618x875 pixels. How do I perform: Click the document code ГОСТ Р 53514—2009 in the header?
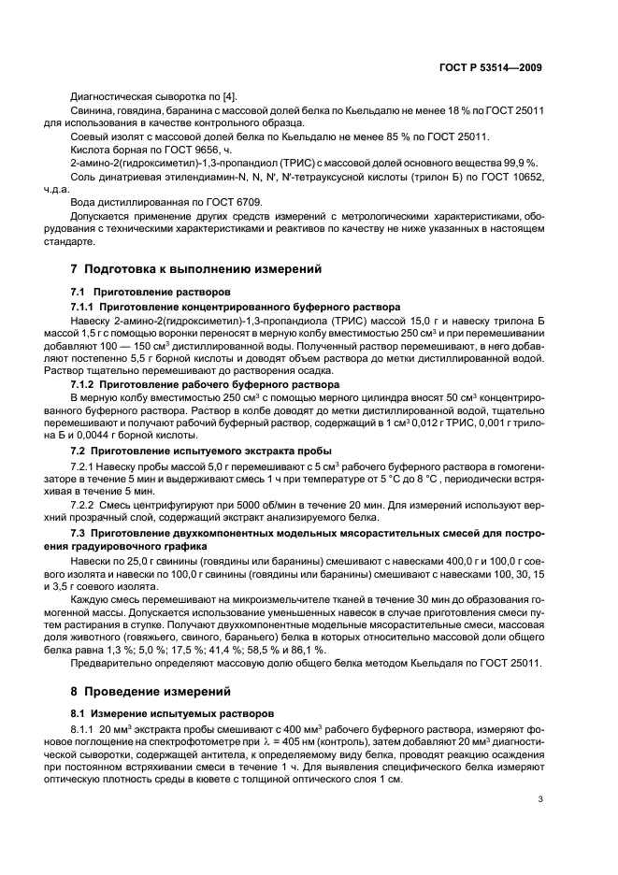click(x=490, y=68)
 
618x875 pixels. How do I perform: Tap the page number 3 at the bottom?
click(x=540, y=798)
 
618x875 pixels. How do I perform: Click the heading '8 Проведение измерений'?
click(x=151, y=692)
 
